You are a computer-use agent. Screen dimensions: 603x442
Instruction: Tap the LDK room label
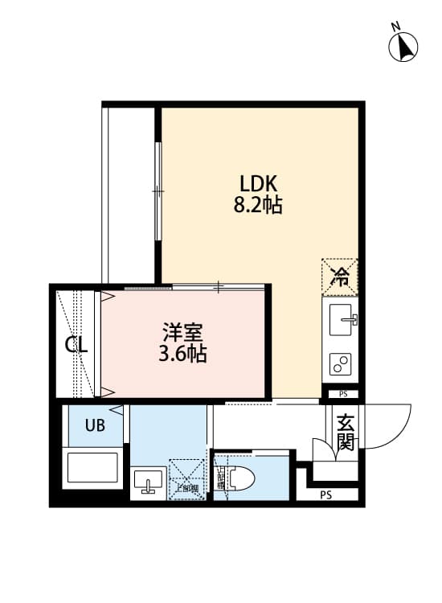click(x=257, y=183)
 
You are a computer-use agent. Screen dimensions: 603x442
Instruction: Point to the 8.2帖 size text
click(x=257, y=205)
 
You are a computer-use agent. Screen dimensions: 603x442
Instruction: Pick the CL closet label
click(x=76, y=346)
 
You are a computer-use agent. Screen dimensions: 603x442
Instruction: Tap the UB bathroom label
click(x=95, y=426)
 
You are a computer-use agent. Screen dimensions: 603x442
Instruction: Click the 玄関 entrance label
click(x=346, y=432)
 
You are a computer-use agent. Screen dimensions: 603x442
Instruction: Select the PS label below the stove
click(x=343, y=394)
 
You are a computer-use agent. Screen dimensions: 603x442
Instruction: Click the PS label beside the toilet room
click(x=325, y=494)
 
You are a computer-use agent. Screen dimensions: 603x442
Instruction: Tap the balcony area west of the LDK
click(x=129, y=193)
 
